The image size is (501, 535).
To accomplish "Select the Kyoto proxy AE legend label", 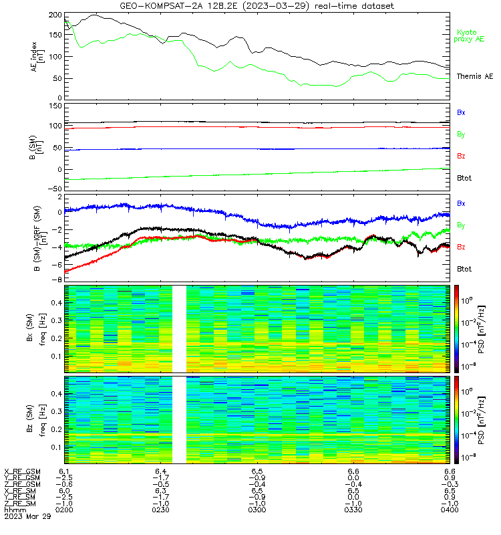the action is [x=469, y=36].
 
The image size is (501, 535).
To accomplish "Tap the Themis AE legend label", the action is [x=475, y=76].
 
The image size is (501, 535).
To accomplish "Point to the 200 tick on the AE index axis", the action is [x=55, y=15].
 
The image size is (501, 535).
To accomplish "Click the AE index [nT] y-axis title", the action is [x=37, y=57].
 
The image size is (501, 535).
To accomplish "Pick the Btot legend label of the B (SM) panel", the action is [x=464, y=178].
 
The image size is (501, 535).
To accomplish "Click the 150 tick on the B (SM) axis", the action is [x=55, y=106].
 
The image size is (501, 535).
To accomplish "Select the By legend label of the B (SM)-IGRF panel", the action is [x=461, y=225].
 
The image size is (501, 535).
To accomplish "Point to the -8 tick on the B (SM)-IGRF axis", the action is [x=58, y=280].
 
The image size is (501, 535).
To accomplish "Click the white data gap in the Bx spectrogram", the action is [x=179, y=329].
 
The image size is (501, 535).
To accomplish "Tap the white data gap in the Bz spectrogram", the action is [x=179, y=420].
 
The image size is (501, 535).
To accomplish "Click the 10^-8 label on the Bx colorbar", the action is [x=466, y=366].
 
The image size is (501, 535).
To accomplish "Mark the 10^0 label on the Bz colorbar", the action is [x=466, y=391].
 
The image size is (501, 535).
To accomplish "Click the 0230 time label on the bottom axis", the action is [x=160, y=510].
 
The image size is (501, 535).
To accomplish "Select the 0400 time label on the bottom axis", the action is [x=450, y=510].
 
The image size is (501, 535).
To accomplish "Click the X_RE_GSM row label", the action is [x=22, y=471].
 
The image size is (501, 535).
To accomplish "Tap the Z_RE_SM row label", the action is [x=20, y=504].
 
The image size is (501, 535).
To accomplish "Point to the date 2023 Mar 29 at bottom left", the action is [x=27, y=516].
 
